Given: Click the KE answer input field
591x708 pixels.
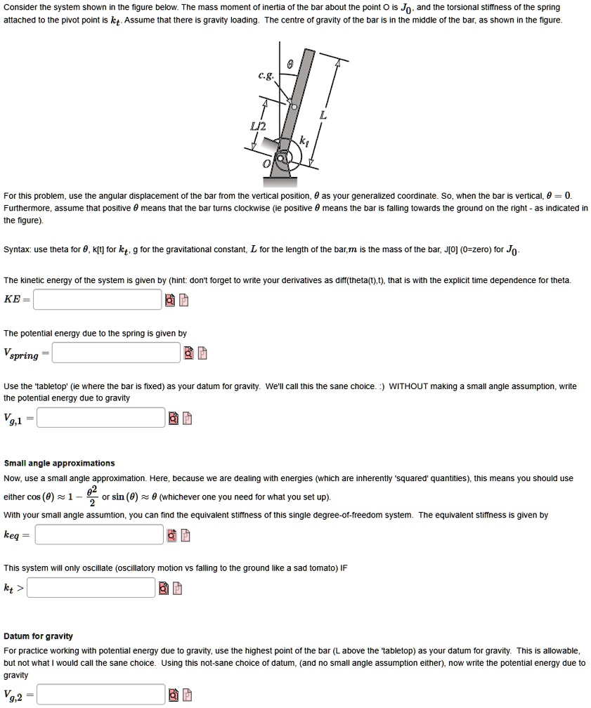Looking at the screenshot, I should (x=97, y=300).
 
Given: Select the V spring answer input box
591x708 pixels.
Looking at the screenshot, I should (x=117, y=353).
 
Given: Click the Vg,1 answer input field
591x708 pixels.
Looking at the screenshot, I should (x=101, y=419).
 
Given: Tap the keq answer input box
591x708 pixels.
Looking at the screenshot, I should (x=99, y=535).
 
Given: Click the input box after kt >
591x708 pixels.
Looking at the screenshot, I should (x=91, y=587).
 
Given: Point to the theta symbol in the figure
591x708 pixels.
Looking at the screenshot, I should (x=289, y=64).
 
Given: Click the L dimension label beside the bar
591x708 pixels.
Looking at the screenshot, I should (x=323, y=115).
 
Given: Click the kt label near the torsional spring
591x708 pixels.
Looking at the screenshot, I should (x=304, y=140).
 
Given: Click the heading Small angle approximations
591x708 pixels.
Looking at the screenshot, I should (x=59, y=464).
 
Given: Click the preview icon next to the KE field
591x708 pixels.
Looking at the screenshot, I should (x=170, y=301).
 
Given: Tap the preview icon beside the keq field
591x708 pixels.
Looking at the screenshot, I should (x=171, y=536).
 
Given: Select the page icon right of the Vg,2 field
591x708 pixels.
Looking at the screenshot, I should (x=186, y=695).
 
